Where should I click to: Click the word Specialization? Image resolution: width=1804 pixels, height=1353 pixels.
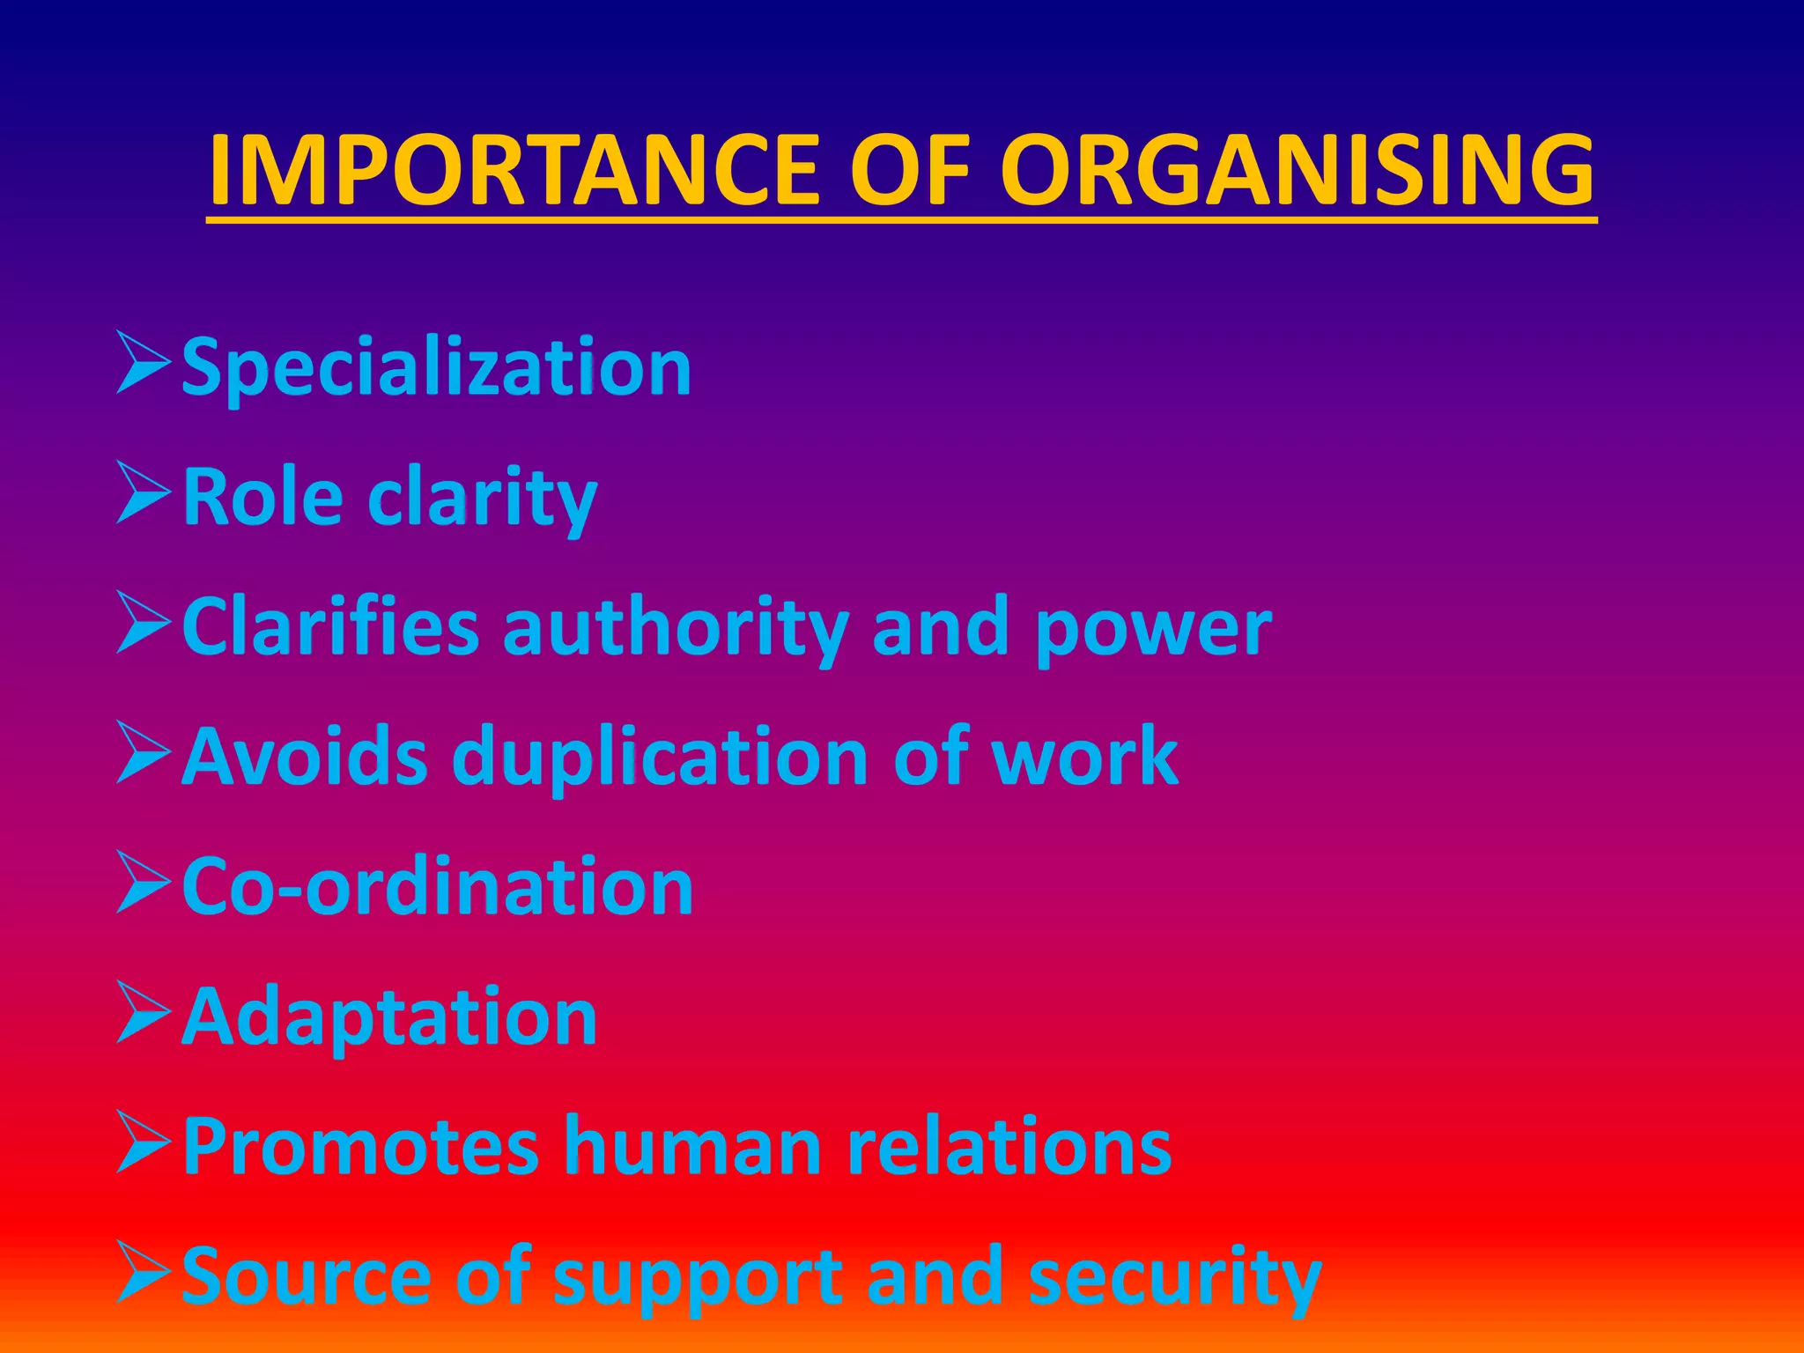(x=436, y=368)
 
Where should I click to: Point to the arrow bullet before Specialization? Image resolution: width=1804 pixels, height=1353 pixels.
(x=143, y=362)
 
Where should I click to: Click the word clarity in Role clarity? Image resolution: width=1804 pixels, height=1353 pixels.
(x=482, y=499)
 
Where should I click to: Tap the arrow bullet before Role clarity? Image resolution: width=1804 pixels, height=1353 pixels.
(x=143, y=492)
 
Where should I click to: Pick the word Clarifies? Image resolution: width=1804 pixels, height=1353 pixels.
(x=330, y=627)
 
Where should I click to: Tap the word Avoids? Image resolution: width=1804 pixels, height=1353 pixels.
(x=305, y=758)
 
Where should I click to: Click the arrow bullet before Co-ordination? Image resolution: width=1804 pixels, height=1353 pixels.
(x=143, y=883)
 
